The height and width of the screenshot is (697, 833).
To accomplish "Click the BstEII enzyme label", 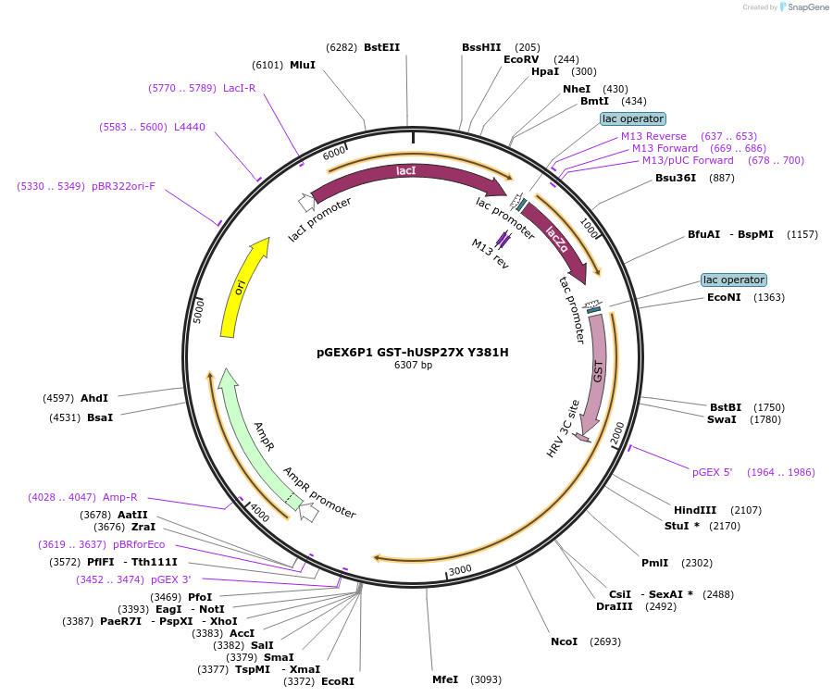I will (x=381, y=47).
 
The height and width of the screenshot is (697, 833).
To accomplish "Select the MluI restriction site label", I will (x=303, y=65).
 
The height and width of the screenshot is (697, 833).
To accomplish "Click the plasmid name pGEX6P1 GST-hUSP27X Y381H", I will (x=413, y=352).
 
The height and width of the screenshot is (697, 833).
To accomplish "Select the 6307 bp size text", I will (x=413, y=365).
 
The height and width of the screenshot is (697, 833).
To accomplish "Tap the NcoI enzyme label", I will (x=564, y=641).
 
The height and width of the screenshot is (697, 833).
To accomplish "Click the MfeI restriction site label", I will (x=445, y=679).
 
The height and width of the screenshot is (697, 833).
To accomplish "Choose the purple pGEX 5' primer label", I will (x=713, y=472).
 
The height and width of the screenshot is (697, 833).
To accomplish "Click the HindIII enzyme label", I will (x=695, y=510).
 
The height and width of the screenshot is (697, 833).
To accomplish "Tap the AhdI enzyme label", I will (x=94, y=398).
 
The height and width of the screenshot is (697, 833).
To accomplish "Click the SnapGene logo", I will (x=802, y=7).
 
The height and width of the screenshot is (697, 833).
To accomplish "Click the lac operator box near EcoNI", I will (x=733, y=280).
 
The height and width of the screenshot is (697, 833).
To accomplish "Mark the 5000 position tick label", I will (x=198, y=310).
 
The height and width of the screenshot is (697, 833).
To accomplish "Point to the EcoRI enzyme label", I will (x=337, y=681).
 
